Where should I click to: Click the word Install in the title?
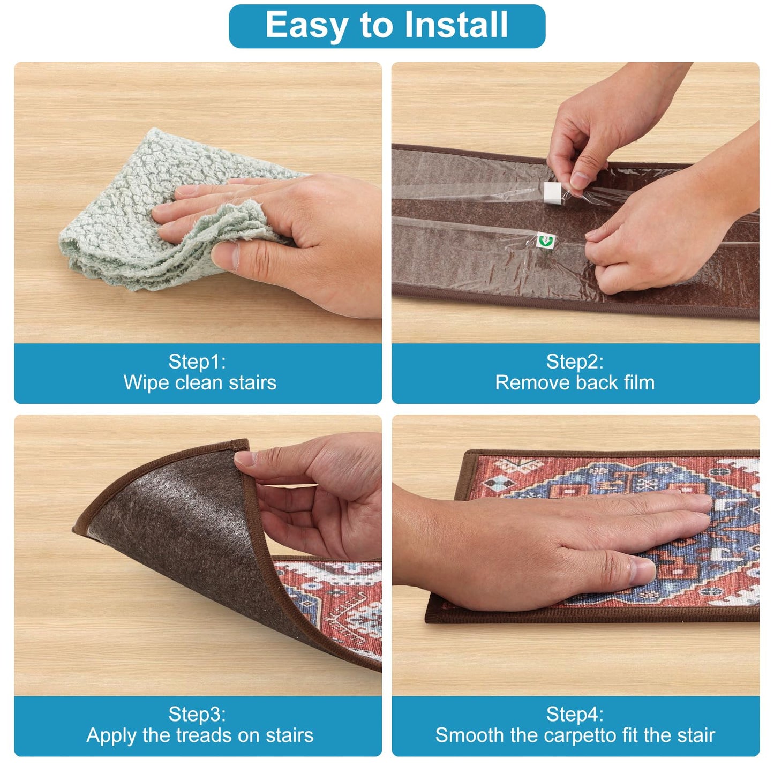[x=456, y=25]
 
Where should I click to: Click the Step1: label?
[x=197, y=362]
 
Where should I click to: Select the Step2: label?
[x=575, y=362]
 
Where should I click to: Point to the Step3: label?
[x=197, y=714]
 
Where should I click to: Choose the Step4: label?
[x=575, y=714]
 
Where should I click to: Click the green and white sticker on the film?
[x=546, y=240]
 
